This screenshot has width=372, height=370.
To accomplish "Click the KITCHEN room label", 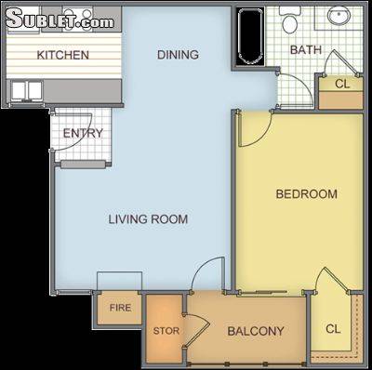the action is (63, 55).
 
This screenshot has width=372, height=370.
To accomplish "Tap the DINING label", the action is (178, 55).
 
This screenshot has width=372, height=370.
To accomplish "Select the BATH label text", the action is (306, 50).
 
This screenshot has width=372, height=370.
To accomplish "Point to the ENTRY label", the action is (83, 133).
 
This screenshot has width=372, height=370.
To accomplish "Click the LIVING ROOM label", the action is (148, 219).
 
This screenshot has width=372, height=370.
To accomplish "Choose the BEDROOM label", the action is (307, 194).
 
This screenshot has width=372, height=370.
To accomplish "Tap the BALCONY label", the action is (256, 331).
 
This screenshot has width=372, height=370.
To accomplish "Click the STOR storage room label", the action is (166, 331).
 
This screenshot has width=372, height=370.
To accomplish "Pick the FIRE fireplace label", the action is (120, 308).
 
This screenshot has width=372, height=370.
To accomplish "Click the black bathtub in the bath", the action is (250, 36).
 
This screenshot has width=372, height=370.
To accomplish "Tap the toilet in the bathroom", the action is (289, 20).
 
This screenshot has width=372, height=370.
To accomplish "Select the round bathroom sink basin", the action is (339, 15).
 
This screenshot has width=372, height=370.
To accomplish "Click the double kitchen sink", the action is (27, 91).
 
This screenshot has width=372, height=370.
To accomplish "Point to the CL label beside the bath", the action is (342, 84).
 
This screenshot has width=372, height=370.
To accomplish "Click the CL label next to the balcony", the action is (333, 329).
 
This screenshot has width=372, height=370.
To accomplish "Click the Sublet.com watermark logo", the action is (60, 19).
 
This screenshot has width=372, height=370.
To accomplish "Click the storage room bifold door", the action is (198, 330).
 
